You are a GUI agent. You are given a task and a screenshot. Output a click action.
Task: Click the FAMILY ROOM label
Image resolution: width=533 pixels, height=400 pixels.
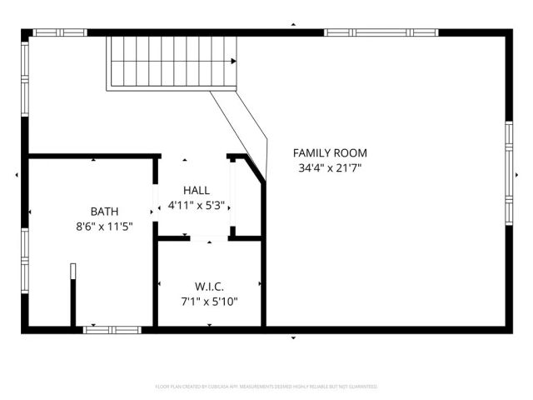[x=330, y=153]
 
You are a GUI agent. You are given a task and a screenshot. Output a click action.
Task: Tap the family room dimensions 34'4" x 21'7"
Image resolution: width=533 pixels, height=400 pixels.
[x=330, y=167]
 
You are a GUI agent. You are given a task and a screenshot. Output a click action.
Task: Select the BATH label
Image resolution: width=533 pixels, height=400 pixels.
[x=104, y=211]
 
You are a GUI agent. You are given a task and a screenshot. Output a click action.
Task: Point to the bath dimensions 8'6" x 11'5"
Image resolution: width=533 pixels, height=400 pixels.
[x=104, y=226]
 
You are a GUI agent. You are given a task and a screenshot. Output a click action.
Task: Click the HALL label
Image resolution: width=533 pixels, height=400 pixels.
[x=197, y=191]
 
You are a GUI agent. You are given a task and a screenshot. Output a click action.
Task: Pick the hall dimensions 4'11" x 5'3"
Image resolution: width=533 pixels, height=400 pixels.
[x=197, y=205]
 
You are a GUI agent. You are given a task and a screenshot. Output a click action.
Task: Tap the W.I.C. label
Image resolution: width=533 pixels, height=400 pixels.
[x=209, y=286]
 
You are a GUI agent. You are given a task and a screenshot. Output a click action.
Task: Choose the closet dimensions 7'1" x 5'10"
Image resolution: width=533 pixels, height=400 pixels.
[x=209, y=301]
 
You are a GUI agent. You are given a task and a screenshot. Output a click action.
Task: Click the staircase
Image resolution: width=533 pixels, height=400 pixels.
[x=171, y=62]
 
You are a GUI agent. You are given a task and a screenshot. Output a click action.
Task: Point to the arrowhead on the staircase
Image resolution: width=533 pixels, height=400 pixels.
[x=234, y=61]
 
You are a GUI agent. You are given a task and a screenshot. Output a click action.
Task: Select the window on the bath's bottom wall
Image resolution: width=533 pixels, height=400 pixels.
[x=112, y=330]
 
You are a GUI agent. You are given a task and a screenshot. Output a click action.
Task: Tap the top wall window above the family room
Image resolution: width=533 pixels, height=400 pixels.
[x=381, y=32]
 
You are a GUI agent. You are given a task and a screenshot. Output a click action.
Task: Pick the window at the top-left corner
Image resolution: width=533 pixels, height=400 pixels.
[x=60, y=32]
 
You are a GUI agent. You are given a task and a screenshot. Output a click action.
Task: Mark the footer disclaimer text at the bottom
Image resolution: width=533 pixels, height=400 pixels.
[x=266, y=387]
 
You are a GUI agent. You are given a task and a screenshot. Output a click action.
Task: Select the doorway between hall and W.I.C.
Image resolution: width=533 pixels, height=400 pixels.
[x=209, y=238]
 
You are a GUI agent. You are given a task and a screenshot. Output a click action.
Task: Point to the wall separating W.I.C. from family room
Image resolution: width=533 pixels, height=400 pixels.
[x=263, y=283]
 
